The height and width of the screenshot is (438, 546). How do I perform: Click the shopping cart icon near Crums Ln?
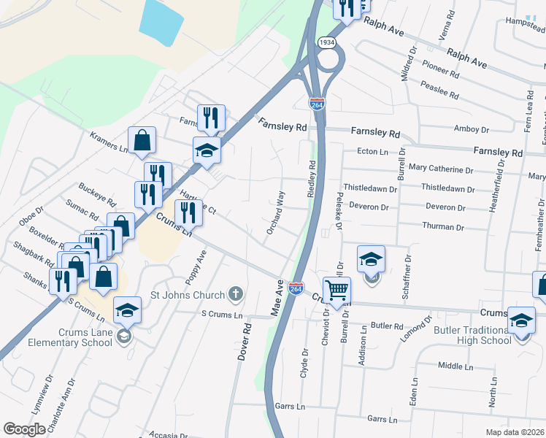[x=336, y=290]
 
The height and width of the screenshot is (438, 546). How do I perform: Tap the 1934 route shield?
[x=327, y=43]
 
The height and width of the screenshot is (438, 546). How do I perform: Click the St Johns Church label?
[x=188, y=295]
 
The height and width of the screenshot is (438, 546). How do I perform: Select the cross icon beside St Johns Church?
[x=235, y=295]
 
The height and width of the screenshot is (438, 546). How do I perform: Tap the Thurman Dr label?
[x=442, y=226]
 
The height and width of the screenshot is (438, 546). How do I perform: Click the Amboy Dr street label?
[x=472, y=129]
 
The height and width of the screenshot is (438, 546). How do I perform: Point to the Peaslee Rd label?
[x=440, y=90]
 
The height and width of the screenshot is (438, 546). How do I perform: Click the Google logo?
[x=25, y=429]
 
